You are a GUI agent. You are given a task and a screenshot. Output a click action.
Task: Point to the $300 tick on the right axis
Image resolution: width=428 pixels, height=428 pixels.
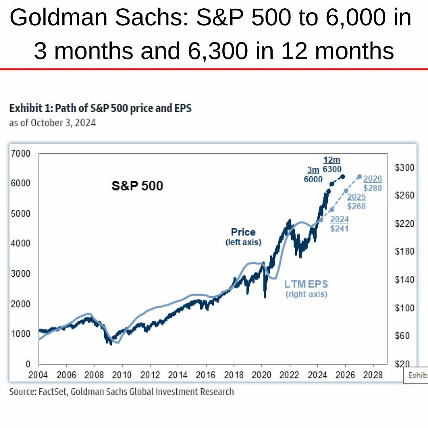pyautogui.click(x=404, y=168)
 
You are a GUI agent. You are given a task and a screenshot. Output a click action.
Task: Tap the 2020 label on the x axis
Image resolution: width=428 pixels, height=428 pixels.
pyautogui.click(x=261, y=375)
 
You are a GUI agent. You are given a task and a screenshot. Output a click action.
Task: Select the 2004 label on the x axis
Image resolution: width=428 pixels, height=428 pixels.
pyautogui.click(x=38, y=375)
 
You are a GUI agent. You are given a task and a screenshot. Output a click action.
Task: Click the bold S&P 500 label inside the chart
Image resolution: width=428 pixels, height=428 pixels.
pyautogui.click(x=137, y=185)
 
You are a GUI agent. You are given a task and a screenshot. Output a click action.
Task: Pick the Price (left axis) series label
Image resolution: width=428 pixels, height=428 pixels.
pyautogui.click(x=243, y=237)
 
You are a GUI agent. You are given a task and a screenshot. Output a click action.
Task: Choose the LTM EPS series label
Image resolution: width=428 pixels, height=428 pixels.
pyautogui.click(x=306, y=289)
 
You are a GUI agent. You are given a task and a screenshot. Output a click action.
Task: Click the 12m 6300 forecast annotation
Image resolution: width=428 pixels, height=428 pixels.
pyautogui.click(x=332, y=164)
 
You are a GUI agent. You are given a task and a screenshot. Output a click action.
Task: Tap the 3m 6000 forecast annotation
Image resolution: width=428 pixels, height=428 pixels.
pyautogui.click(x=313, y=174)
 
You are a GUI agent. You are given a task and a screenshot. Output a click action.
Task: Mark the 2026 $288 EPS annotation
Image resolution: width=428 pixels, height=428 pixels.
pyautogui.click(x=373, y=183)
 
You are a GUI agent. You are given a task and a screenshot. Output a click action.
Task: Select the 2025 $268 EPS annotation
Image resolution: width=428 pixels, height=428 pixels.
pyautogui.click(x=356, y=202)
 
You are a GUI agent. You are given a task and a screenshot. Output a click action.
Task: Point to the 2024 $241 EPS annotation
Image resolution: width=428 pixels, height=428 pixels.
pyautogui.click(x=339, y=224)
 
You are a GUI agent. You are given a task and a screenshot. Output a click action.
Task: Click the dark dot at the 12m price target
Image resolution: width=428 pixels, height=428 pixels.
pyautogui.click(x=343, y=176)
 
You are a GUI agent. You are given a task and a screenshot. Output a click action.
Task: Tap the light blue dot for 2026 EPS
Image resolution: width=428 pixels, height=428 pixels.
pyautogui.click(x=359, y=176)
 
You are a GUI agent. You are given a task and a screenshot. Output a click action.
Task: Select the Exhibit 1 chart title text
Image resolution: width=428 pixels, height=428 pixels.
pyautogui.click(x=100, y=108)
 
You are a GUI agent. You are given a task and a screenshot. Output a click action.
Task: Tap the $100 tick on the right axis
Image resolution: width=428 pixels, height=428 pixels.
pyautogui.click(x=404, y=308)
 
